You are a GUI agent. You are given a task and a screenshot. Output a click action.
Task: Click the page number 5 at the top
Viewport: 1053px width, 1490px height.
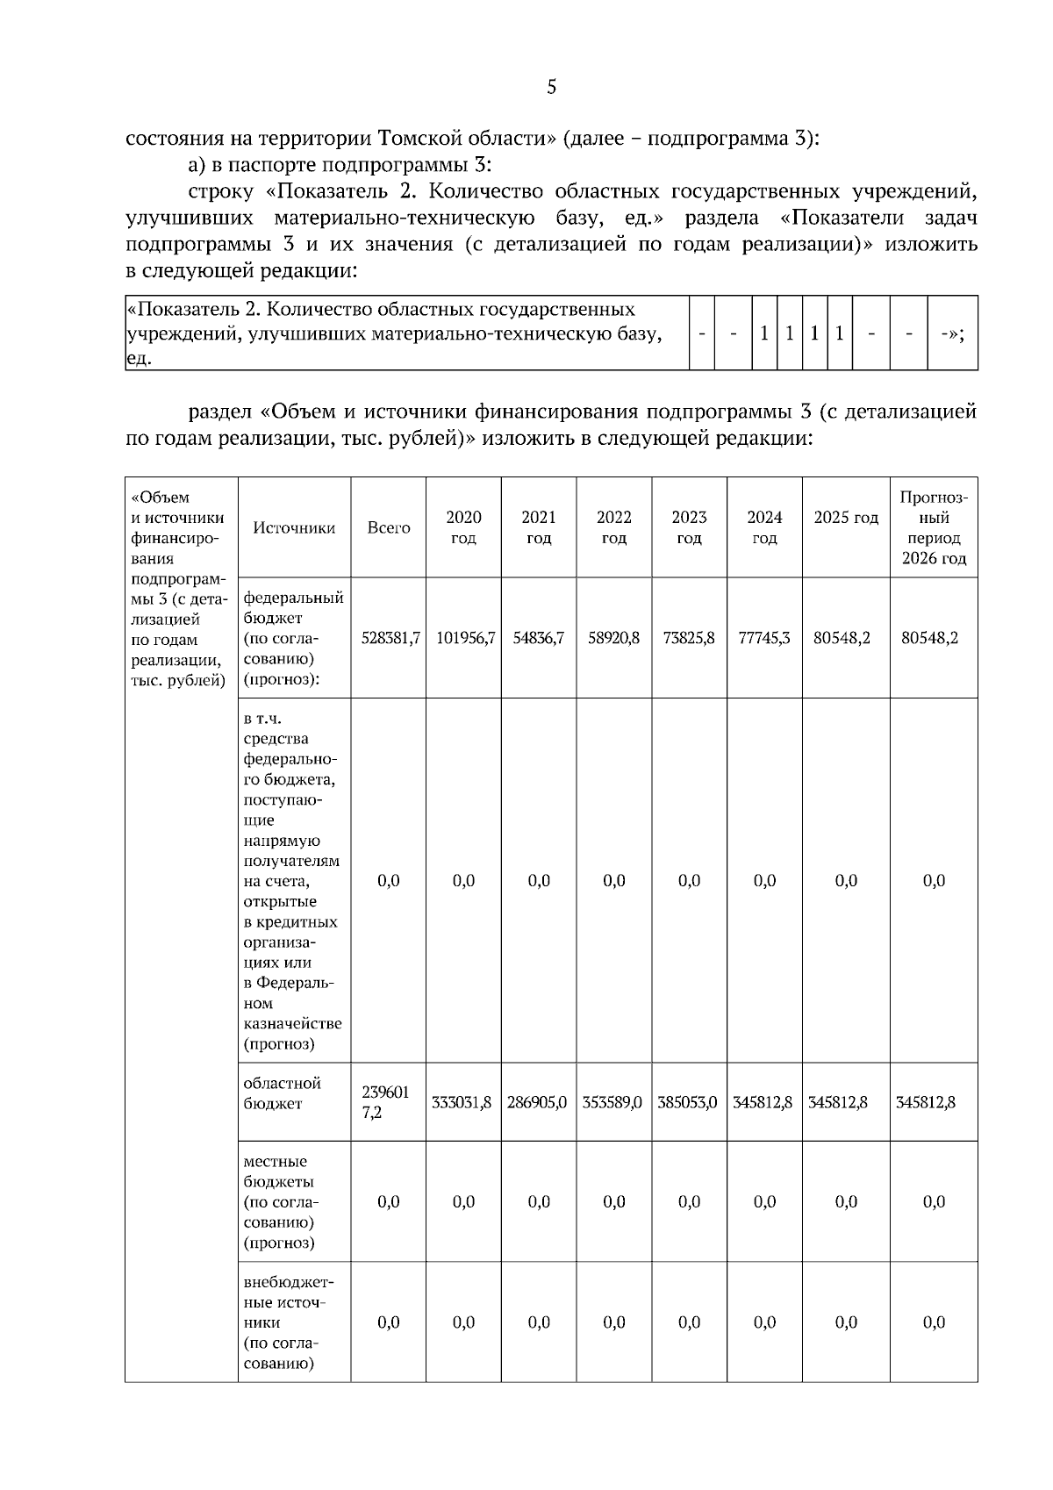pos(551,87)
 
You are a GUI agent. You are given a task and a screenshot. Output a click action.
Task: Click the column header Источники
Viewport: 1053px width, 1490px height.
pos(294,527)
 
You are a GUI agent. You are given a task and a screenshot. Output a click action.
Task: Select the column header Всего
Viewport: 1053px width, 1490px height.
pos(389,527)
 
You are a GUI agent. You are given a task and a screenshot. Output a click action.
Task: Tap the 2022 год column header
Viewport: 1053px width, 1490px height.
pos(613,527)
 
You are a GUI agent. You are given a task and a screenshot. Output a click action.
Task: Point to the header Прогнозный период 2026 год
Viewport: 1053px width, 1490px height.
pos(934,527)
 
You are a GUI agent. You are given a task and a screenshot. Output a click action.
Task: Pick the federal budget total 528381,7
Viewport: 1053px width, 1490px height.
pos(390,638)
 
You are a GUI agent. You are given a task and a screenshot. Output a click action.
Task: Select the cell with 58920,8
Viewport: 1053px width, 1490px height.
pos(613,638)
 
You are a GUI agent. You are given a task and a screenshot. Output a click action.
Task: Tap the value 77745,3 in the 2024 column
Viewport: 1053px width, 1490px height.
pos(764,638)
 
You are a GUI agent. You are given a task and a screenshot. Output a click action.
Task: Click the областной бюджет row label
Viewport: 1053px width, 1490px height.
pos(282,1093)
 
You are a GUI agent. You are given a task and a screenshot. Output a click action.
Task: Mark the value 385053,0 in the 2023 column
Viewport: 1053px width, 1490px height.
pos(688,1102)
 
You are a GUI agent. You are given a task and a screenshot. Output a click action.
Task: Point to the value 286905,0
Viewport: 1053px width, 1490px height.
pos(538,1102)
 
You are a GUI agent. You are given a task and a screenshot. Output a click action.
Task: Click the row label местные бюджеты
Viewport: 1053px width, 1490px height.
pos(280,1201)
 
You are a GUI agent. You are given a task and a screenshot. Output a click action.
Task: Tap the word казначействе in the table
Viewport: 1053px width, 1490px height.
pos(292,1023)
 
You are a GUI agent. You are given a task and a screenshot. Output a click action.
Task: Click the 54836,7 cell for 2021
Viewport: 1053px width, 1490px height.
pos(538,638)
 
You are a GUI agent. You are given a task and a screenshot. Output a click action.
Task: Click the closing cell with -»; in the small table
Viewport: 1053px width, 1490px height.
pos(952,333)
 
